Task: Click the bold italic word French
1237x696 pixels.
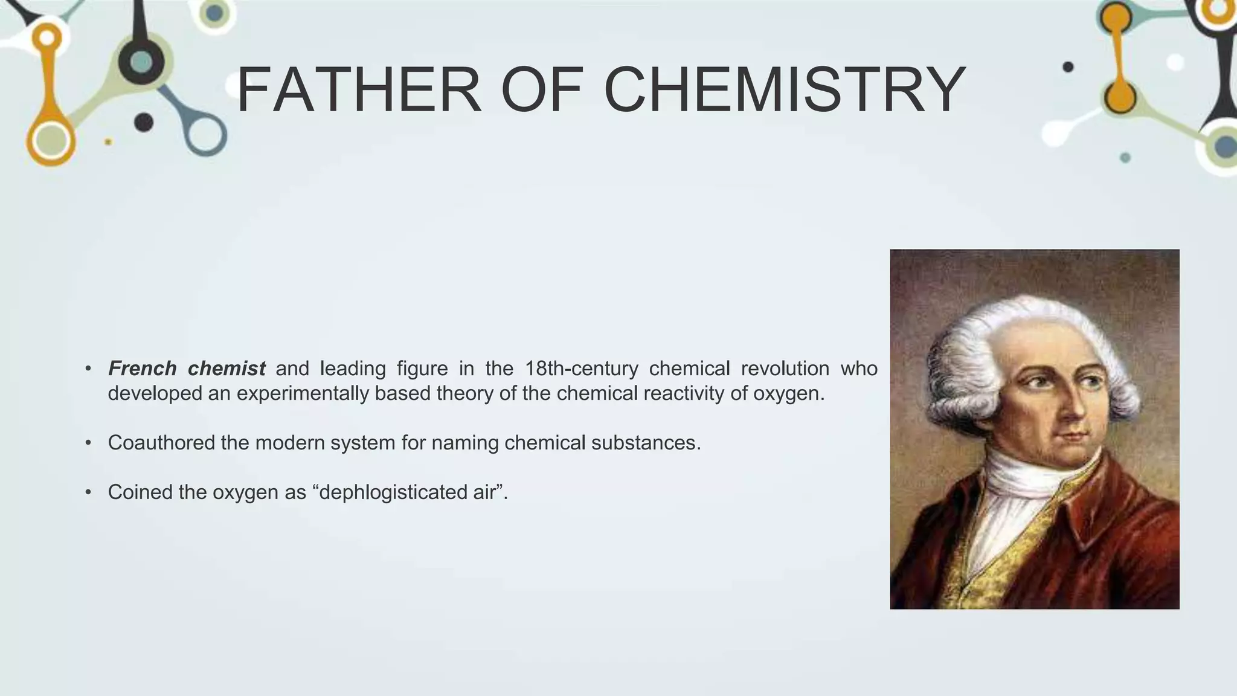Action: click(142, 368)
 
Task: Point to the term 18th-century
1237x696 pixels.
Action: click(581, 368)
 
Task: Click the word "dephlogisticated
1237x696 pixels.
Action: click(387, 492)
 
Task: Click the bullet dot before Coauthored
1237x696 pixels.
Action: click(88, 443)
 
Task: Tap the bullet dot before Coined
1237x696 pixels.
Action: click(88, 492)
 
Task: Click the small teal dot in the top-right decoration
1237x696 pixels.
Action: click(1125, 158)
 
